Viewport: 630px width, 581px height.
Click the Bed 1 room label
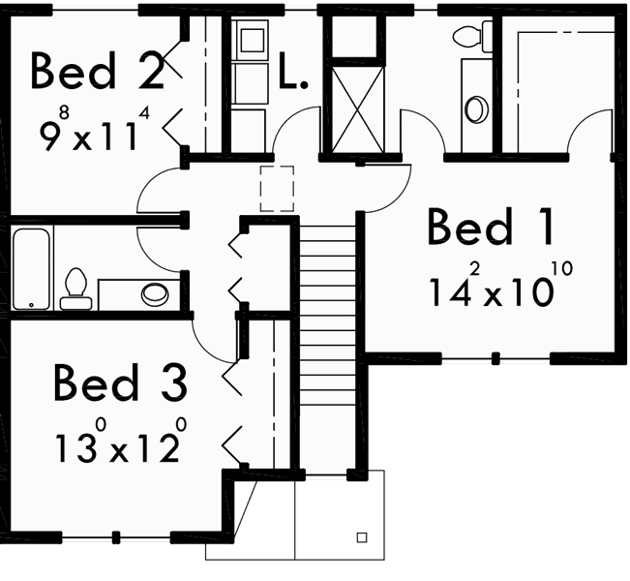[x=491, y=229]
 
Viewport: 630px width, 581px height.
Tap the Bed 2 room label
[x=97, y=71]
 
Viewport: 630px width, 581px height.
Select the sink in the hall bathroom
[x=154, y=292]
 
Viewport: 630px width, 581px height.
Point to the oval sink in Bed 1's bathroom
[x=475, y=108]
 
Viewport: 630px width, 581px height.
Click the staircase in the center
[x=329, y=290]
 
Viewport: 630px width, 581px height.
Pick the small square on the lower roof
[x=363, y=535]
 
